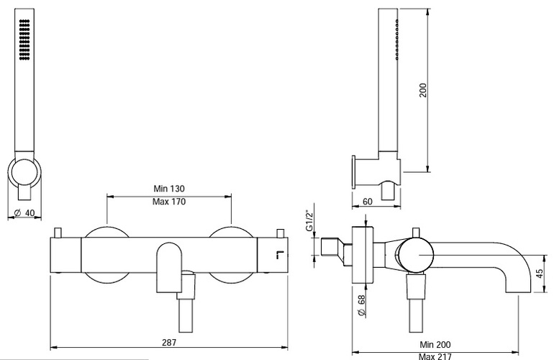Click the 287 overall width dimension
(x=169, y=342)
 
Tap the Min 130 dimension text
(x=169, y=188)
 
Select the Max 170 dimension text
(x=169, y=202)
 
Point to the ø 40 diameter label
(x=24, y=212)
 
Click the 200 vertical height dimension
(x=423, y=90)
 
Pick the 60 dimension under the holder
(x=368, y=201)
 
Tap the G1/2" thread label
(x=309, y=221)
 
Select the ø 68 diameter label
(x=361, y=305)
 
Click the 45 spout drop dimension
(x=540, y=274)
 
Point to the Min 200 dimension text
(x=435, y=344)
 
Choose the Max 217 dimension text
(x=435, y=356)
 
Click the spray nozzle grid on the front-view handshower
(x=24, y=40)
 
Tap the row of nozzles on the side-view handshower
(x=397, y=39)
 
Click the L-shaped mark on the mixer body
(x=280, y=255)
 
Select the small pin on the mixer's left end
(x=58, y=233)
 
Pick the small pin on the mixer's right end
(x=281, y=233)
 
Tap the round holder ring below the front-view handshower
(x=24, y=173)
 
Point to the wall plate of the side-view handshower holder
(x=354, y=171)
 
